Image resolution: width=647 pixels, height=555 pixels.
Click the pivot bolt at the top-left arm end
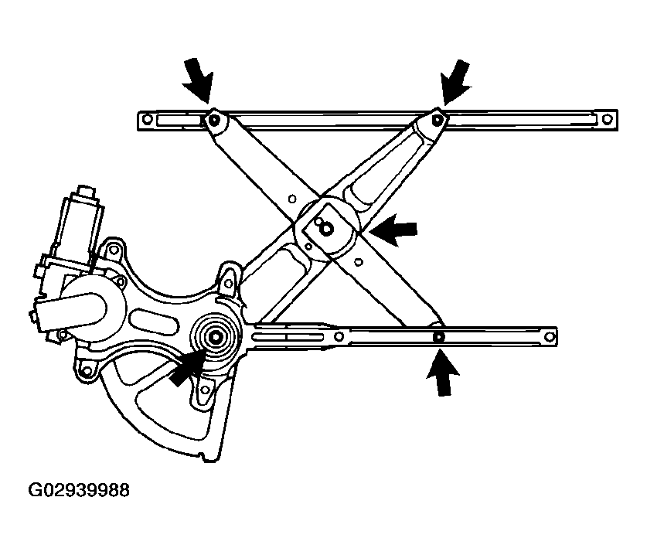pyautogui.click(x=213, y=119)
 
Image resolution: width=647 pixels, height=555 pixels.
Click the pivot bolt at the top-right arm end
pyautogui.click(x=438, y=119)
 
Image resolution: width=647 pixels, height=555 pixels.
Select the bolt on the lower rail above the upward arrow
pyautogui.click(x=438, y=337)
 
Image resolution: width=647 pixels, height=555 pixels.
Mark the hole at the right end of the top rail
pyautogui.click(x=606, y=120)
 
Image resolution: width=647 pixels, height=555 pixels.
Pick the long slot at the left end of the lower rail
pyautogui.click(x=290, y=336)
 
